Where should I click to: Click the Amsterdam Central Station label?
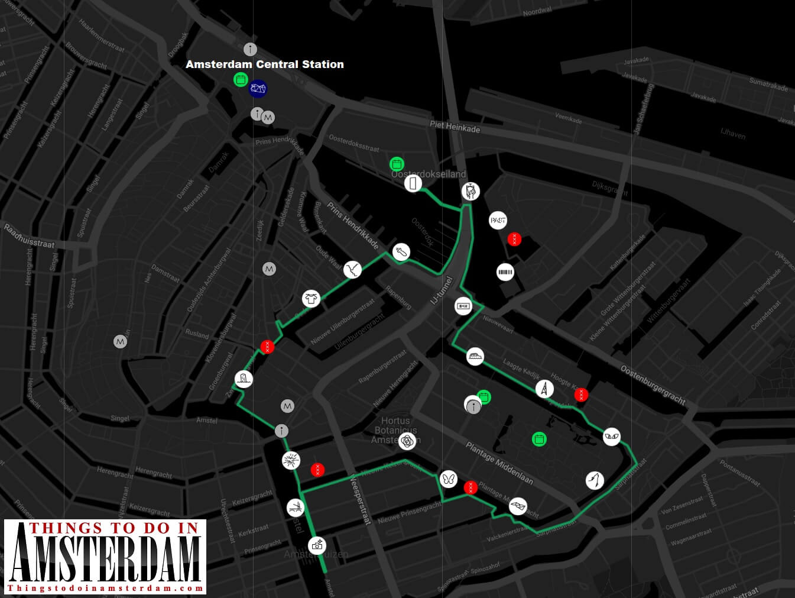tap(264, 64)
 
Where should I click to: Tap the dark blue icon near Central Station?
tap(258, 89)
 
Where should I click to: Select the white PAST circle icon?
tap(498, 221)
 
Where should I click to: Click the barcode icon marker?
tap(505, 273)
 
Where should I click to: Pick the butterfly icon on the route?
tap(448, 479)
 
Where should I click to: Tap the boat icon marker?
tap(475, 357)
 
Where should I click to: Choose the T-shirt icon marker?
tap(311, 299)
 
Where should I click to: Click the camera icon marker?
tap(317, 545)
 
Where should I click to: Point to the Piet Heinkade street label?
tap(455, 126)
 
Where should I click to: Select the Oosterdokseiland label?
tap(429, 174)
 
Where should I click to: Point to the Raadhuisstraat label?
tap(30, 236)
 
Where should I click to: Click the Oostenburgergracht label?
tap(653, 385)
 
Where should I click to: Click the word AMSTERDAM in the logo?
tap(105, 558)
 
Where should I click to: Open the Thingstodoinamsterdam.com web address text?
tap(105, 588)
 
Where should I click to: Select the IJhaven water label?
tap(733, 134)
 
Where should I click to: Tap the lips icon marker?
tap(518, 506)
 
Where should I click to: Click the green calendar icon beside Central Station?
tap(240, 80)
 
